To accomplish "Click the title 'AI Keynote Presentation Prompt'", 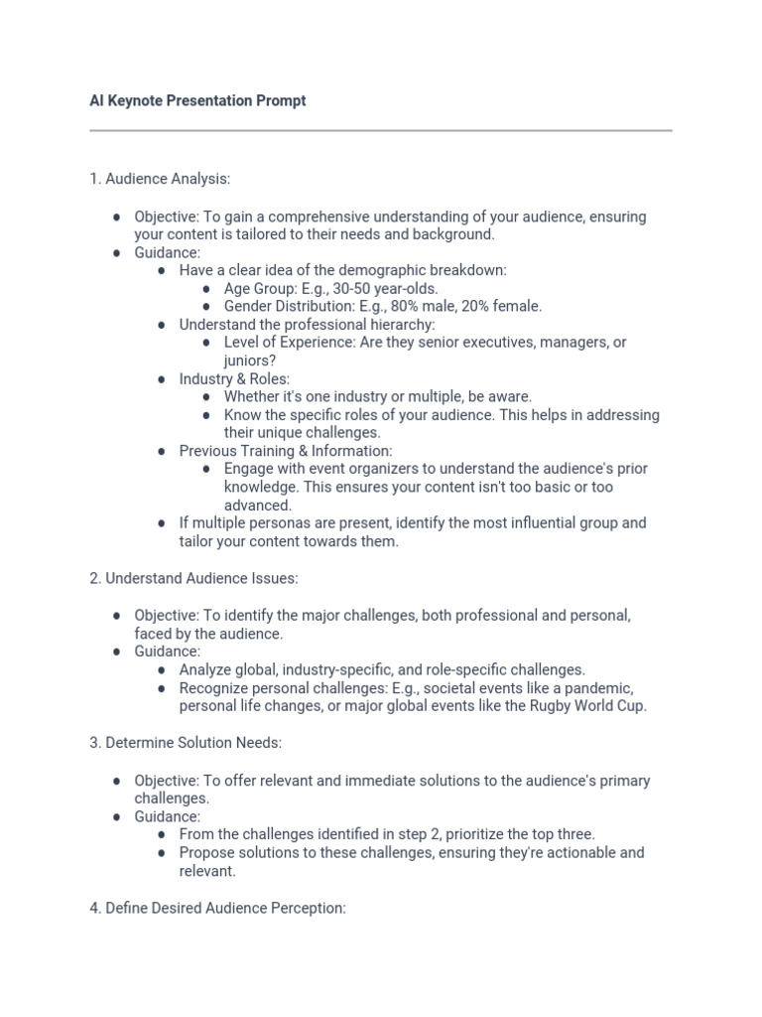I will coord(197,101).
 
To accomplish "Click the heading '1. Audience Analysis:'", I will coord(160,179).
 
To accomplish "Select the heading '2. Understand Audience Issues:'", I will coord(193,578).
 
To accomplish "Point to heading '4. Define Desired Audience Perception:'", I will coord(217,908).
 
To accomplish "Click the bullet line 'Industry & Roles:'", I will coord(234,378).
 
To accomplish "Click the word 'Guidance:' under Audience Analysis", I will coord(167,252).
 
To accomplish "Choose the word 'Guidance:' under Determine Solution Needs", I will coord(167,816).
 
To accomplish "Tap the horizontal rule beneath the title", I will coord(380,130).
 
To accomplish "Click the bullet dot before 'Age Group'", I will coord(205,288).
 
